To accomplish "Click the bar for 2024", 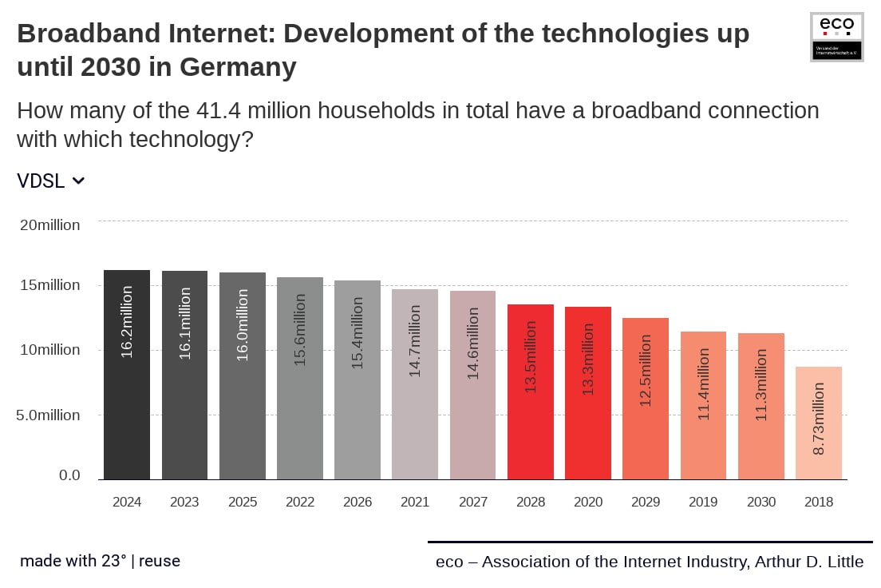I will tap(127, 375).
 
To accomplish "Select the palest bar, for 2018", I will tap(819, 423).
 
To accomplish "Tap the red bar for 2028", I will tap(531, 391).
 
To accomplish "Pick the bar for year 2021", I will tap(415, 384).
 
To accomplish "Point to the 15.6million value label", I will tap(300, 329).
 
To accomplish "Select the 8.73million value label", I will tap(819, 419).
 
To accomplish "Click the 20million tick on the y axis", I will tap(50, 225).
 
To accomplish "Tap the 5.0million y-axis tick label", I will tap(50, 415).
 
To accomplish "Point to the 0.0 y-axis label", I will tap(70, 475).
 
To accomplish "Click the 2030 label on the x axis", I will tap(761, 503).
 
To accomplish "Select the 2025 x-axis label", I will tap(243, 503).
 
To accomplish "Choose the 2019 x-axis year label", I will tap(703, 503).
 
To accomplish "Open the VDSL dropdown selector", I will tap(51, 181).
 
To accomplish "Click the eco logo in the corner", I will tap(836, 37).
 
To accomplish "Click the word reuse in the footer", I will tap(160, 561).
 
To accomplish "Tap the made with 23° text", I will tap(73, 561).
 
